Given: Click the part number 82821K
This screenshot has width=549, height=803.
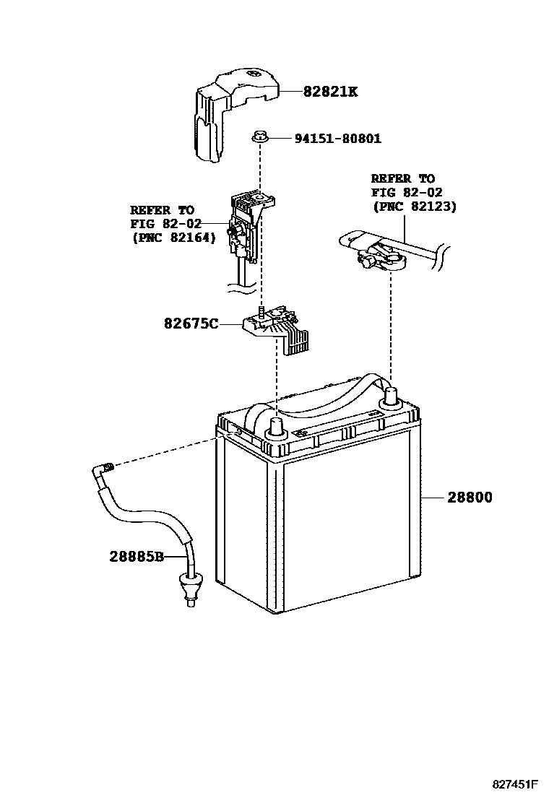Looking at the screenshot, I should (x=330, y=92).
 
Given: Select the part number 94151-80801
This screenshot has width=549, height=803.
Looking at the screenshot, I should (x=337, y=138).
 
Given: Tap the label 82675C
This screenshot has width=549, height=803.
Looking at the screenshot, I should (x=191, y=324).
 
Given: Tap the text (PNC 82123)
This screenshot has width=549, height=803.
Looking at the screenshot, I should (x=414, y=206).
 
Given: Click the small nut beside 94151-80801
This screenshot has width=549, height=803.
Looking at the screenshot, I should (x=260, y=136).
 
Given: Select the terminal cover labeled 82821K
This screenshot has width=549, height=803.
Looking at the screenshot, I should (x=224, y=108).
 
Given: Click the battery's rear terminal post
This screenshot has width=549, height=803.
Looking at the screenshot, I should (x=391, y=396).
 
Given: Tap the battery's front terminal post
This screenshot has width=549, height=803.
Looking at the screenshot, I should (x=275, y=428).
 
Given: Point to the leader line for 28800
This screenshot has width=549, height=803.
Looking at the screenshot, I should (x=433, y=498).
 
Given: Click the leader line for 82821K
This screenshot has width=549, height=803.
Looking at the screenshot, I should (x=290, y=92).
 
